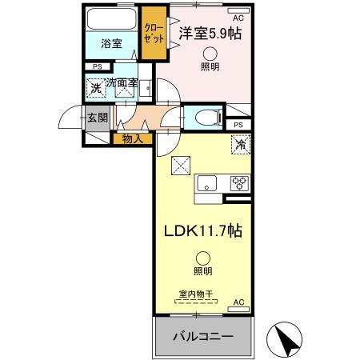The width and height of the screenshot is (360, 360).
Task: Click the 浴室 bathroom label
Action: [111, 44]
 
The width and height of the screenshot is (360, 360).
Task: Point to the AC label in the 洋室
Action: [238, 18]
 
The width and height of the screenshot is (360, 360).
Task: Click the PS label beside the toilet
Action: [238, 126]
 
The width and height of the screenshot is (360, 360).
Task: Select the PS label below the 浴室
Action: [98, 67]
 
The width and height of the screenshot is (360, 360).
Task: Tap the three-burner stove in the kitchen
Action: [238, 182]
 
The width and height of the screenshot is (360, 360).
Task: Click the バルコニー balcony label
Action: [204, 336]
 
